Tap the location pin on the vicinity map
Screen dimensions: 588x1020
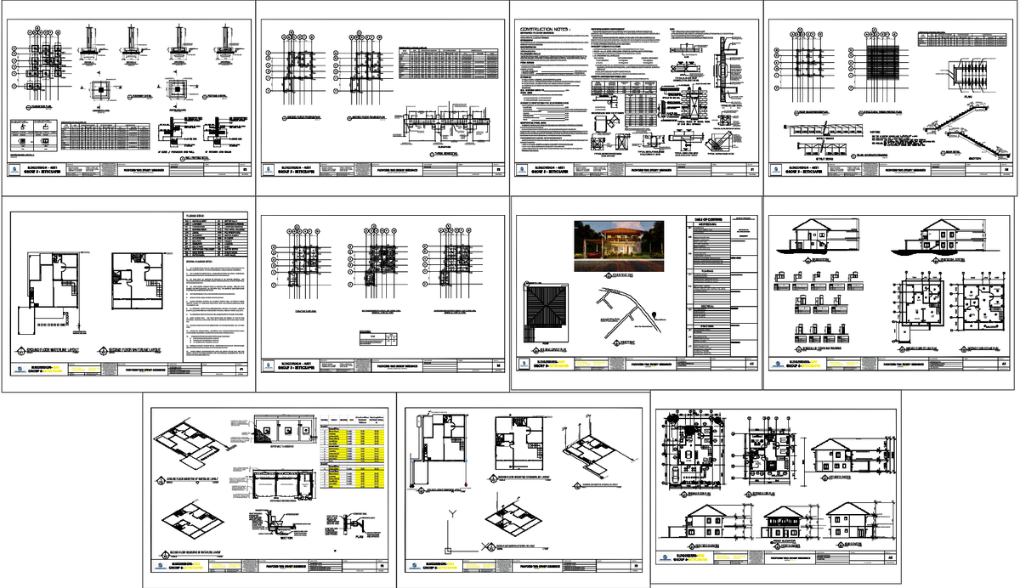[x=656, y=318]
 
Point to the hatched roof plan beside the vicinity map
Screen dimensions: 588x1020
[x=553, y=314]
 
